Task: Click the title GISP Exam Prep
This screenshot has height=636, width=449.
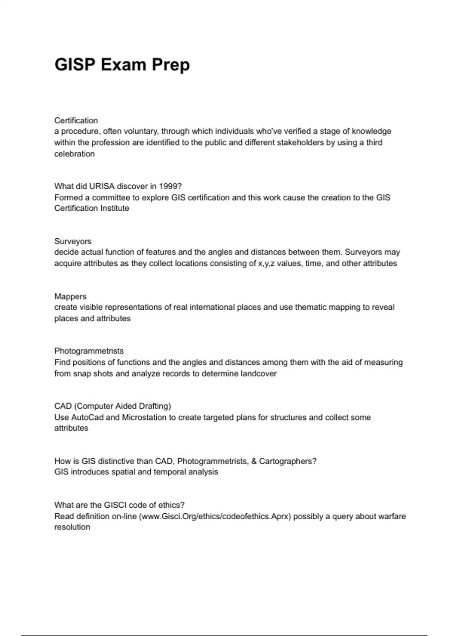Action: [122, 65]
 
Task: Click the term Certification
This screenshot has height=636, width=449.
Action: [76, 120]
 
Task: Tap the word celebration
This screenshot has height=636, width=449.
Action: [74, 154]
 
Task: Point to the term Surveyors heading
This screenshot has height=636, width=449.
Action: [73, 241]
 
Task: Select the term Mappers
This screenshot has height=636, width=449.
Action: [70, 296]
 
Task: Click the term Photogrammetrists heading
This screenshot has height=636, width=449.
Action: [89, 351]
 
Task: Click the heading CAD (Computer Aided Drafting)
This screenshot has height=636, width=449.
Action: [113, 406]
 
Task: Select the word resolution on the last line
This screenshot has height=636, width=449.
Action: [72, 527]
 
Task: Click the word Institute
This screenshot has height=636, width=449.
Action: [112, 208]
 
